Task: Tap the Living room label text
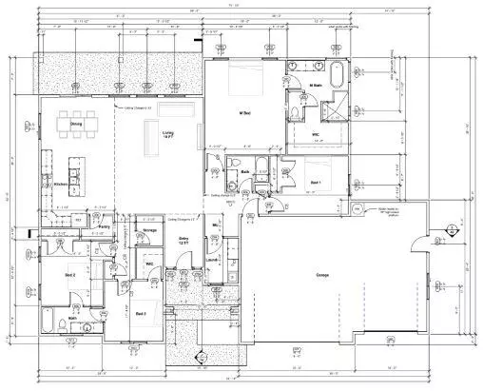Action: click(x=168, y=133)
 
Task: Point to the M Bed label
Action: click(x=243, y=114)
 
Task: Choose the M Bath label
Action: click(x=319, y=86)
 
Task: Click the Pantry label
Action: click(x=106, y=227)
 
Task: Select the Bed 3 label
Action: click(x=140, y=312)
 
